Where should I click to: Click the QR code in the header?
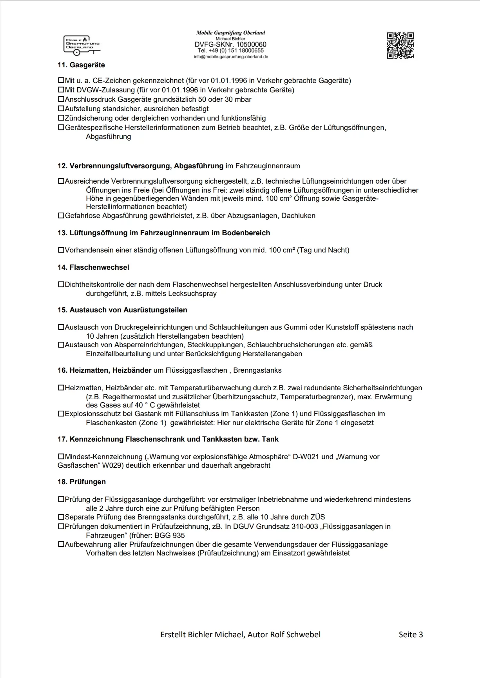click(x=400, y=45)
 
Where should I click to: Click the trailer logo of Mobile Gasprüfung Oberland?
click(x=82, y=45)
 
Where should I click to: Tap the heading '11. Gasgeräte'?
click(x=81, y=65)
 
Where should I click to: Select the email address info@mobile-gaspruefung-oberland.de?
click(x=231, y=57)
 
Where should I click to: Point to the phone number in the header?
click(x=231, y=50)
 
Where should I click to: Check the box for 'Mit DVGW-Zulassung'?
click(x=61, y=90)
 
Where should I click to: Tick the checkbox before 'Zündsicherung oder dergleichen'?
click(x=61, y=118)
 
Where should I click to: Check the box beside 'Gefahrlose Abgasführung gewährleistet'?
click(x=61, y=215)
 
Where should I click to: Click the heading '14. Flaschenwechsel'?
click(x=93, y=267)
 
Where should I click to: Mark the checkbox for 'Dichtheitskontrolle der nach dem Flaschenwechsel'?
click(x=61, y=285)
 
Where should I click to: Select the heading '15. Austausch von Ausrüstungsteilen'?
click(x=122, y=310)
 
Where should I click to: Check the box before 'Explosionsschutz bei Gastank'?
click(x=61, y=414)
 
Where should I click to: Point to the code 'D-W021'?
click(x=306, y=457)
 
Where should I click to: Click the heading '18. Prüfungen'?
click(x=82, y=482)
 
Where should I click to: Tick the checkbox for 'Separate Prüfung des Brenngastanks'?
click(x=61, y=517)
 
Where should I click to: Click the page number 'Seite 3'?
click(x=411, y=635)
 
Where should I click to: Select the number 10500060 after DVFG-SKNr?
click(x=251, y=45)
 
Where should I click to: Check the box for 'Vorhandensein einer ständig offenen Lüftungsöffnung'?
click(x=61, y=250)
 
